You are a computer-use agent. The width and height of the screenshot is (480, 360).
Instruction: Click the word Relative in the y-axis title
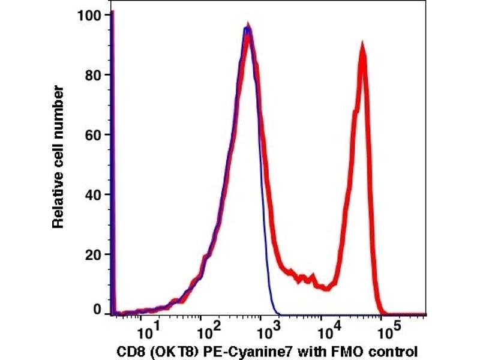tap(58, 204)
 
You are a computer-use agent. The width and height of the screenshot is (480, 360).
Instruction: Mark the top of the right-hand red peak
tap(362, 43)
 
